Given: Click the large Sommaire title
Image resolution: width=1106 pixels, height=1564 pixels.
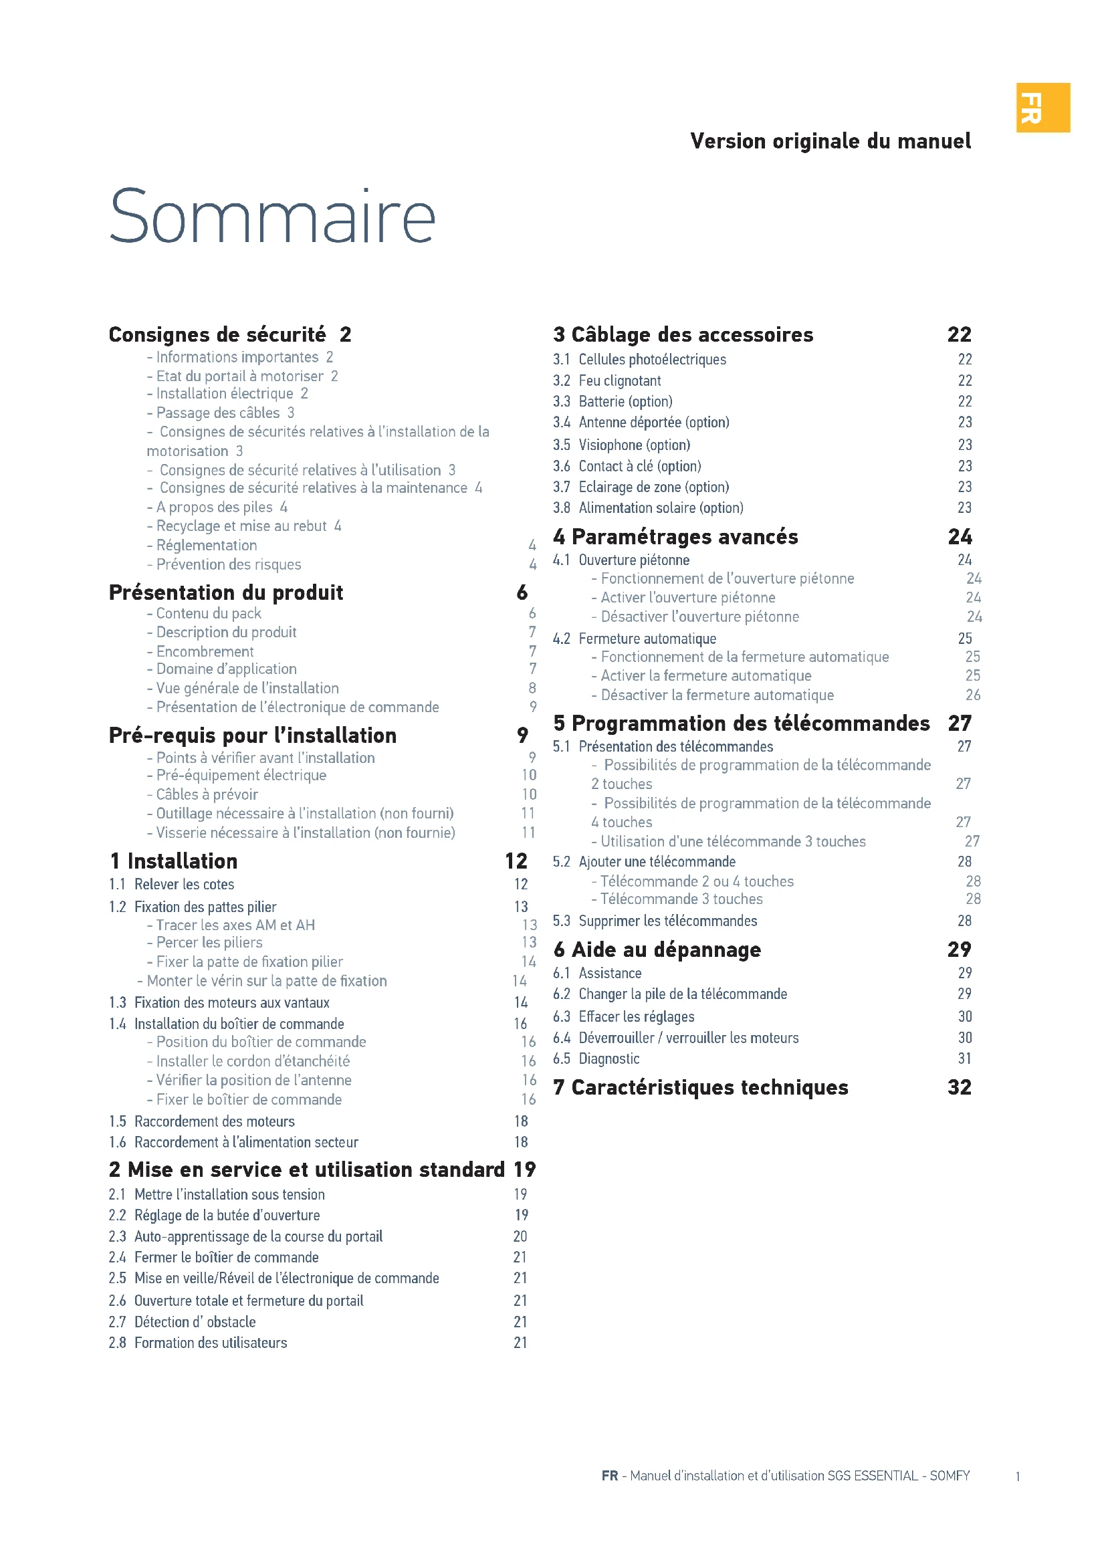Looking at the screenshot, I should coord(271,216).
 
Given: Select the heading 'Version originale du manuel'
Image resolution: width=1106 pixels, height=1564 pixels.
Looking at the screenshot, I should coord(831,141).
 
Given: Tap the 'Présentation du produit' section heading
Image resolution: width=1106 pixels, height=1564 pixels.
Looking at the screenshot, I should coord(225,592).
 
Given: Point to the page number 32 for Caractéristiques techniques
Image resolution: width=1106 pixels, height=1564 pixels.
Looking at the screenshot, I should coord(959,1087).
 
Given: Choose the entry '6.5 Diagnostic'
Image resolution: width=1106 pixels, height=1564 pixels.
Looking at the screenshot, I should coord(596,1058).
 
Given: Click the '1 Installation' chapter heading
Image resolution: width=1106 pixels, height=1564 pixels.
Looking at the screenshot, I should coord(174,861).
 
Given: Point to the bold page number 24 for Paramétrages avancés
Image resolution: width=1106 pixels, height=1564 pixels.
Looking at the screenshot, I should coord(960,537).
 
